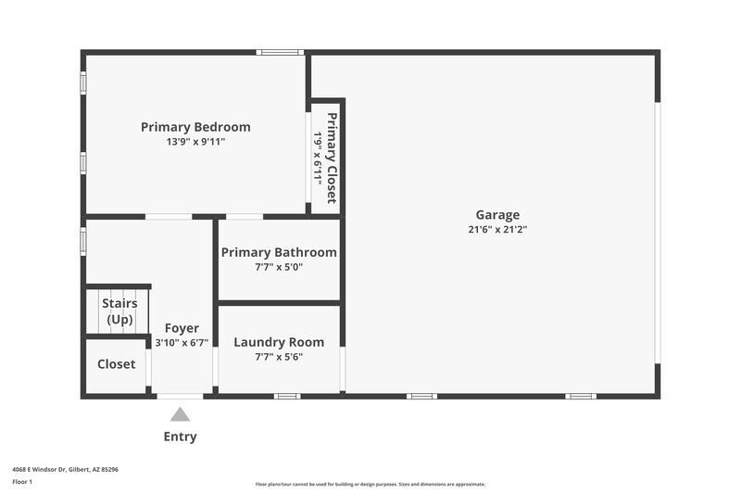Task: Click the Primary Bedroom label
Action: [x=195, y=127]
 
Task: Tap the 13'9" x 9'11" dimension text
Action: [x=195, y=142]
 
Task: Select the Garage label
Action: [x=497, y=214]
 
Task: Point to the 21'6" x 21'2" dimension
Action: [x=497, y=229]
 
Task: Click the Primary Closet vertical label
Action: [x=332, y=158]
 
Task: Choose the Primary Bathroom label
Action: [x=279, y=252]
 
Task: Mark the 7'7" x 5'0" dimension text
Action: [x=279, y=267]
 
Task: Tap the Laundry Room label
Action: [x=279, y=342]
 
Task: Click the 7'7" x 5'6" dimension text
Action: [x=279, y=357]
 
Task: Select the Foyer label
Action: [x=182, y=328]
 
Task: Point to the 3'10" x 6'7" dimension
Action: [x=182, y=343]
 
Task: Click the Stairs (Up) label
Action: [x=119, y=311]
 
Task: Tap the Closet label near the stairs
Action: [x=117, y=364]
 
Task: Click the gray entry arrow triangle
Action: [x=180, y=414]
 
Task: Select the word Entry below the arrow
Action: [x=180, y=437]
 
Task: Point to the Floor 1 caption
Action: [x=22, y=482]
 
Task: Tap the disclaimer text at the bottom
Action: [x=370, y=484]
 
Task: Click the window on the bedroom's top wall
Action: [x=280, y=52]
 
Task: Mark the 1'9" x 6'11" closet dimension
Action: [x=318, y=158]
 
